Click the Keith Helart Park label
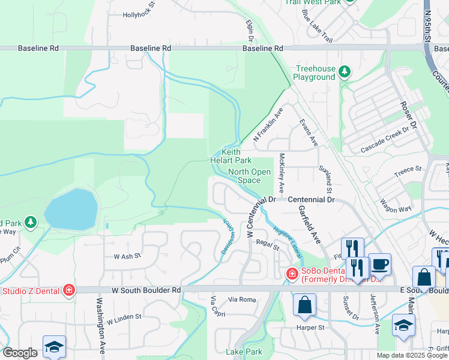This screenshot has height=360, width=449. [x=231, y=156]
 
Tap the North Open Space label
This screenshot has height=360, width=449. [x=249, y=176]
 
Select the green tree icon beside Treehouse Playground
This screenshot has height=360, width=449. [x=345, y=73]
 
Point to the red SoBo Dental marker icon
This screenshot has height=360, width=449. [x=292, y=274]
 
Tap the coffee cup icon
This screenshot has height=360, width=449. [x=379, y=265]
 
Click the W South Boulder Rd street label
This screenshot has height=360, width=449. [x=146, y=290]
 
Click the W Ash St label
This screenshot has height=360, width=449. [x=127, y=256]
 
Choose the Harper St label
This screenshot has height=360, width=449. [x=310, y=328]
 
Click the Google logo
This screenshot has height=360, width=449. [x=20, y=353]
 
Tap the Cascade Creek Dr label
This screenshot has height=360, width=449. [x=388, y=139]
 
